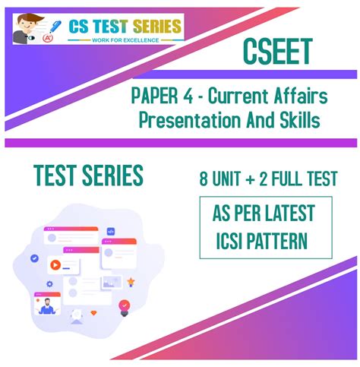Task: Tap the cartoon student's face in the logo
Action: [24, 26]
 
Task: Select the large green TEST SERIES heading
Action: [88, 177]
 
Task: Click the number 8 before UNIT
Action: [204, 179]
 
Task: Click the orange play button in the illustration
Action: [55, 267]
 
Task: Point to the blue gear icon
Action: [49, 284]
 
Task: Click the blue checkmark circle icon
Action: [34, 258]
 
